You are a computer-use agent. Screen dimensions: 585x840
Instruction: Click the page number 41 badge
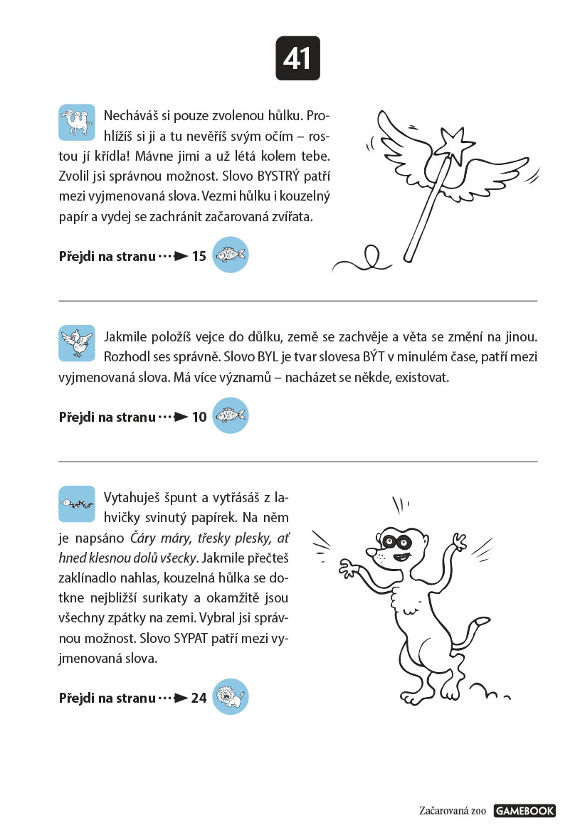(297, 58)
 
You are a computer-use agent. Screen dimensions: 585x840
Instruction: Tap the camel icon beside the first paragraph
(77, 122)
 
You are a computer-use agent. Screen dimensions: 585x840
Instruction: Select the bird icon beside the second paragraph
(77, 343)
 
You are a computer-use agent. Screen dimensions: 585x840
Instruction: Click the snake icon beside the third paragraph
(77, 504)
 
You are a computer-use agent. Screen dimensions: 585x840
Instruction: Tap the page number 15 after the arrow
(199, 257)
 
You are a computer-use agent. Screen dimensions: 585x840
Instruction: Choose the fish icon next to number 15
(231, 255)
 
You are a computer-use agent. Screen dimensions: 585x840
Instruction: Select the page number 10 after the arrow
(199, 418)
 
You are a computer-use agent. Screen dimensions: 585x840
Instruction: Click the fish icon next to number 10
(231, 415)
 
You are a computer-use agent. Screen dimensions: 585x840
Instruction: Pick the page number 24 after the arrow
(199, 698)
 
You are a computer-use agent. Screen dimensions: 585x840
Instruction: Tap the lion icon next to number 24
(231, 696)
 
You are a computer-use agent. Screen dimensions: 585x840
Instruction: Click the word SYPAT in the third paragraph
(190, 639)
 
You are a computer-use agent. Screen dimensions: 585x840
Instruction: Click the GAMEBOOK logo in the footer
(525, 811)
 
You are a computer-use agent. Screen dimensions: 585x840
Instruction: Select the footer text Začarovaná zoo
(453, 811)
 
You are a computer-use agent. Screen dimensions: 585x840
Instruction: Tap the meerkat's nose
(371, 551)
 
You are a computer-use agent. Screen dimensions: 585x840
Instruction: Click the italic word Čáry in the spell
(144, 538)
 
